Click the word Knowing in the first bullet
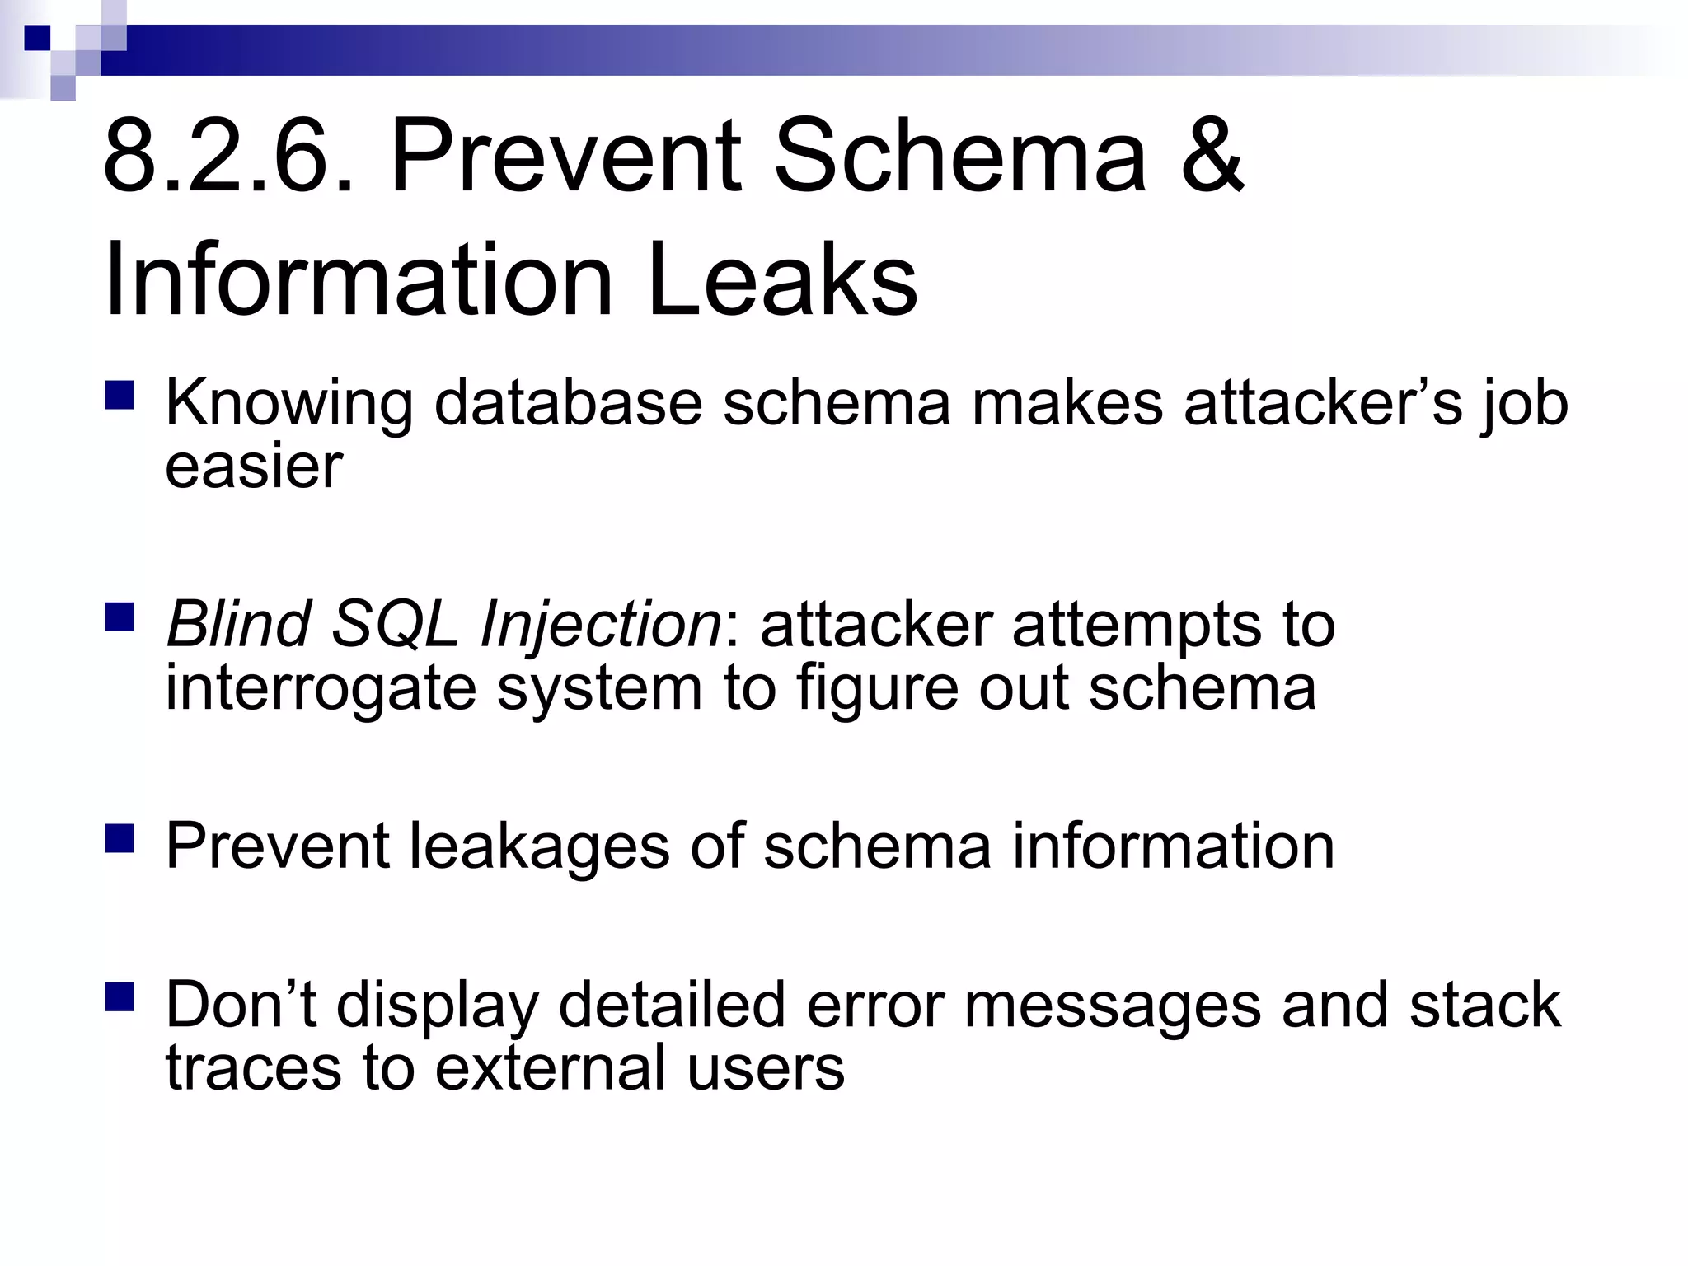[288, 404]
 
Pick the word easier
[254, 467]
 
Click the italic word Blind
[238, 624]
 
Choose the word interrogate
[321, 687]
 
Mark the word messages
[1113, 1006]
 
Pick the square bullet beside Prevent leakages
[120, 838]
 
